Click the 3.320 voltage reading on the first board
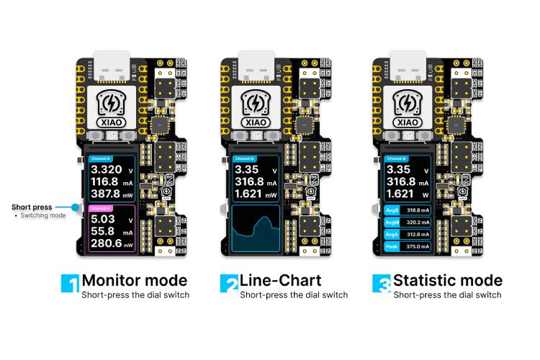(x=107, y=171)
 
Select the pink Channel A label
(x=98, y=207)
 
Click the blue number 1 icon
(x=70, y=283)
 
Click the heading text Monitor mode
(x=135, y=280)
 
